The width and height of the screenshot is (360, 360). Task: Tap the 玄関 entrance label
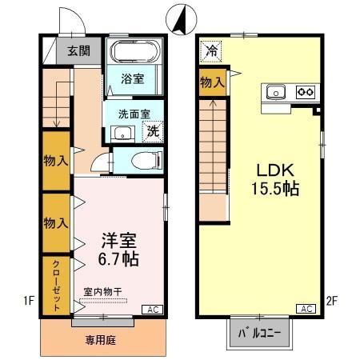click(78, 51)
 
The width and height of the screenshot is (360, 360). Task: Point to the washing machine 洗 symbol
click(152, 132)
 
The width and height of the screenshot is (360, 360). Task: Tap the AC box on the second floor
click(305, 309)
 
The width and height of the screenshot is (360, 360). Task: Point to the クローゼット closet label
click(57, 285)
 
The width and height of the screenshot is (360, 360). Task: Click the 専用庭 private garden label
click(101, 340)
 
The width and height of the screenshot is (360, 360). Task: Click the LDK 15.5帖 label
click(276, 180)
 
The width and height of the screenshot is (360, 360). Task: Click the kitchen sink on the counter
click(276, 90)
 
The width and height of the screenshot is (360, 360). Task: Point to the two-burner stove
click(305, 90)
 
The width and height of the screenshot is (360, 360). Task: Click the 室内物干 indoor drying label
click(102, 293)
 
